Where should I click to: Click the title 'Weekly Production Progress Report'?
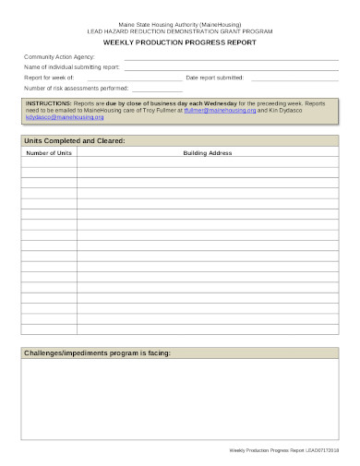[179, 42]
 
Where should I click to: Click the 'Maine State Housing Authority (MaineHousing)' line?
[179, 22]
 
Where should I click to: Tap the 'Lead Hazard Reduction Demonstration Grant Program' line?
[179, 30]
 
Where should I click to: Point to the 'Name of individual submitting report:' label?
[72, 67]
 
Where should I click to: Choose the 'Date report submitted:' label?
[214, 78]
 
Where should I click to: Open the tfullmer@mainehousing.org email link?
[219, 110]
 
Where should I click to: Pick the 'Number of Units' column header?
[49, 152]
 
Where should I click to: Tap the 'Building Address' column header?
[208, 152]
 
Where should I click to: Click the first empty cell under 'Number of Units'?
[49, 161]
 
